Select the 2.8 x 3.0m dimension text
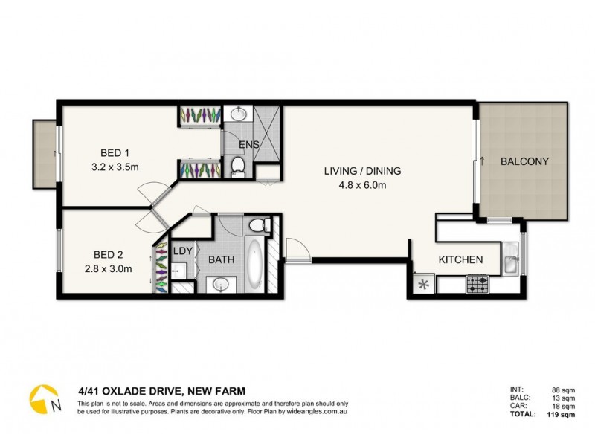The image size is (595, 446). click(x=109, y=268)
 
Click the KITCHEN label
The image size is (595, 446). click(x=460, y=260)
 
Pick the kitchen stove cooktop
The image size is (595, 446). click(x=476, y=283)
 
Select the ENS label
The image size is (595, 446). click(x=248, y=145)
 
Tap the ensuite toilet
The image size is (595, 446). click(x=238, y=166)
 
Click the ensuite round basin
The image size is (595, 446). click(x=238, y=114)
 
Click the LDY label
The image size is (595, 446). click(x=183, y=251)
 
